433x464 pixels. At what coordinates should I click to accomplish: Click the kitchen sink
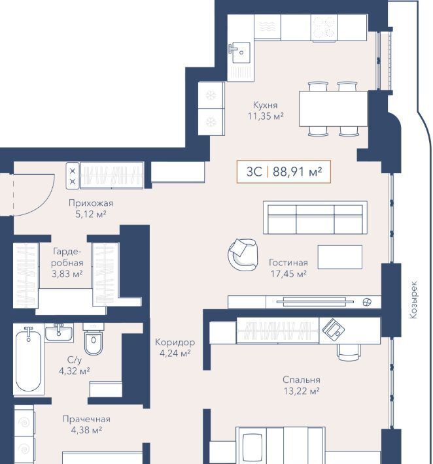point(241,53)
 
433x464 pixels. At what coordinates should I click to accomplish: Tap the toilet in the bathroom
point(94,339)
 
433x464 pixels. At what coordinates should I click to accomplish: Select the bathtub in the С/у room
point(28,360)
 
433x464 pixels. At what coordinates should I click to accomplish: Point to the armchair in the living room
point(243,254)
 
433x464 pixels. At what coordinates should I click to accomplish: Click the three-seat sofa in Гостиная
point(315,218)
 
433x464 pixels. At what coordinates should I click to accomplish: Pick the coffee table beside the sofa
point(339,257)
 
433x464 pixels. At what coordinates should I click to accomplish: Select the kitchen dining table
point(333,108)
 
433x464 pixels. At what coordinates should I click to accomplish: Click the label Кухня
point(266,105)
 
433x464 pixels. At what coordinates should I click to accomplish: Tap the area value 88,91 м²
point(297,172)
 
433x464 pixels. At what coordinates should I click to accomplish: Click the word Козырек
point(413,300)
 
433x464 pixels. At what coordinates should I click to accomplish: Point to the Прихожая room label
point(91,203)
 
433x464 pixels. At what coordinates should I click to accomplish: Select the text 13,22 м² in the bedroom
point(302,391)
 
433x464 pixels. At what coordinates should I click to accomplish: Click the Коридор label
point(175,342)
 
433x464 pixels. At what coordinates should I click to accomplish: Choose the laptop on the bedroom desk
point(333,329)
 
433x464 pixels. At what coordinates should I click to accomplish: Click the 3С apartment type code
point(254,172)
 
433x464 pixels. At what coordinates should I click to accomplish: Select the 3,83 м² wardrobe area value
point(67,274)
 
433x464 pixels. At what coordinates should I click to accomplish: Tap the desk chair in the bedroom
point(349,352)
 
